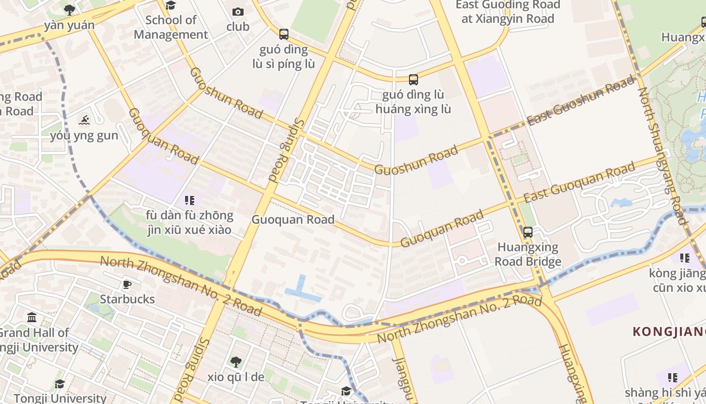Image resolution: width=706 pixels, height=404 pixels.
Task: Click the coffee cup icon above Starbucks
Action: point(127,284)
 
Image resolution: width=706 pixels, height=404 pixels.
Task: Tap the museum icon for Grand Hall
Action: point(32,318)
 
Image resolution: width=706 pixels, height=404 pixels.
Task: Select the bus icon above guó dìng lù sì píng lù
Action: point(283,34)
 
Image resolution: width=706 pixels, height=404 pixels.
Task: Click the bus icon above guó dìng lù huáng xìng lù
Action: point(413,79)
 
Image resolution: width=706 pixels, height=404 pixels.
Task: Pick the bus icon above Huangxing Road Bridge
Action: point(527,232)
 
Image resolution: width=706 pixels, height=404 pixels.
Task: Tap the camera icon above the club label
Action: point(238,12)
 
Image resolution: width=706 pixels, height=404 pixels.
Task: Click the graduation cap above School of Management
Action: point(170,6)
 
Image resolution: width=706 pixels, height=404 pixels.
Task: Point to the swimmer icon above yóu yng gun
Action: point(84,120)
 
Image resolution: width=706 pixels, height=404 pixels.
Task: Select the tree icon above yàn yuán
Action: point(70,10)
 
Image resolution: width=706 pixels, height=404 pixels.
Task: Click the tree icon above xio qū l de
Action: point(236,362)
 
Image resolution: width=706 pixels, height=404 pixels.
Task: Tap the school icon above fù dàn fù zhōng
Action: point(189,200)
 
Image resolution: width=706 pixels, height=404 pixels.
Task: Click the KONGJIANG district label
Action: point(669,332)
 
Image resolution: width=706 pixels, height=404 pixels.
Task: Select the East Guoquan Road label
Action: point(578,182)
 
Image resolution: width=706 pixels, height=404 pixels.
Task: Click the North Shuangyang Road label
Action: point(661,156)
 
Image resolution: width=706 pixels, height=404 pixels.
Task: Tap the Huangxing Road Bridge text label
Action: point(527,254)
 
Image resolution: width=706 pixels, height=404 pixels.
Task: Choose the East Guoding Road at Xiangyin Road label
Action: point(507,12)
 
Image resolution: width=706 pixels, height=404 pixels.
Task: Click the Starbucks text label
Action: point(127,299)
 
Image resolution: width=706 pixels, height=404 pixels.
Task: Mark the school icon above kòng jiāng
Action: point(684,258)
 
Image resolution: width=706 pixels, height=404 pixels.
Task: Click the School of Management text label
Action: point(170,27)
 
